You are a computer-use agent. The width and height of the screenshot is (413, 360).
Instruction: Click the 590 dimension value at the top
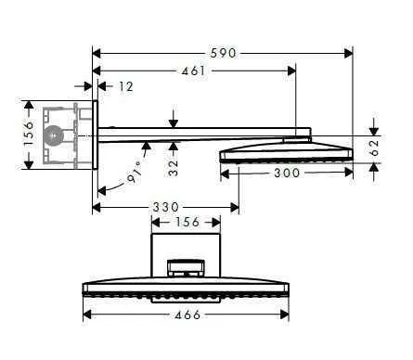tap(224, 54)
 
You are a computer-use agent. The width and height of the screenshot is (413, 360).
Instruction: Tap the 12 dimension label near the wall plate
tap(124, 86)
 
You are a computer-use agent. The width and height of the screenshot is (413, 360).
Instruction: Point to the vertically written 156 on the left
tap(28, 134)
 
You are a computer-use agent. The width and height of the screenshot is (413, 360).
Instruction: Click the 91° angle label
tap(135, 172)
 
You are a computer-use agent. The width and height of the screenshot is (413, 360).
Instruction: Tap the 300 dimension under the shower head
tap(286, 174)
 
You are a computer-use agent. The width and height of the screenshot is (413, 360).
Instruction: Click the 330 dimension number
tap(167, 206)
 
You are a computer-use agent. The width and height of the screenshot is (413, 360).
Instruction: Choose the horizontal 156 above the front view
tap(187, 222)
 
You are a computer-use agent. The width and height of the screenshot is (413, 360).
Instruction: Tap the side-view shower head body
tap(286, 152)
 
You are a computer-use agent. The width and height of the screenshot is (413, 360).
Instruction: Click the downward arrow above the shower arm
tap(174, 119)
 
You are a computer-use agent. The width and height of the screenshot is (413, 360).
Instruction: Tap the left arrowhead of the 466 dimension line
tap(86, 315)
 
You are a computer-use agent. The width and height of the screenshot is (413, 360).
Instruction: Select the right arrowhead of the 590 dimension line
tap(351, 54)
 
